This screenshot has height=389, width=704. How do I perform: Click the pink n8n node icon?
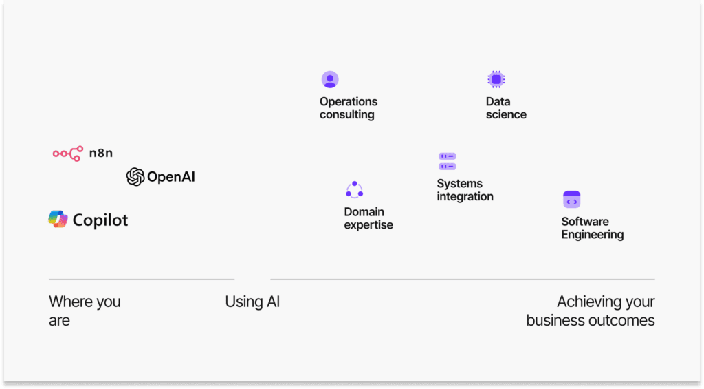click(x=68, y=154)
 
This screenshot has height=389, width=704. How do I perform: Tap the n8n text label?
click(x=101, y=154)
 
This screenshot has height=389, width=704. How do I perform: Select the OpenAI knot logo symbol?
click(x=135, y=177)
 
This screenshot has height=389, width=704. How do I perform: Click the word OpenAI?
click(x=171, y=177)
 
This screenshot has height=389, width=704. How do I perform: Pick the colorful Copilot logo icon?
click(x=58, y=219)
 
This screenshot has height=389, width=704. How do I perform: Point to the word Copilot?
click(x=100, y=220)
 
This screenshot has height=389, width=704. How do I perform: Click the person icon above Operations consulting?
click(x=330, y=80)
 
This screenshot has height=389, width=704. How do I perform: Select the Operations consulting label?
click(x=349, y=108)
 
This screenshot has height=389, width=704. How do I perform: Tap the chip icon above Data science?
click(x=496, y=80)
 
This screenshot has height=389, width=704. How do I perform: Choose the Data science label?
click(x=506, y=108)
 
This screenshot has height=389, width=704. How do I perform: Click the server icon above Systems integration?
click(x=447, y=161)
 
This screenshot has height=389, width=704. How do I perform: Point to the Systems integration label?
click(x=465, y=190)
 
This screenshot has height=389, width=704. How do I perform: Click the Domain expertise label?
click(x=368, y=218)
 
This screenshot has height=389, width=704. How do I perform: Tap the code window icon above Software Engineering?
click(x=571, y=199)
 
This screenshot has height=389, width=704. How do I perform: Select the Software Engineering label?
click(x=592, y=228)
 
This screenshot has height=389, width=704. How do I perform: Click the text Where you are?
click(x=85, y=311)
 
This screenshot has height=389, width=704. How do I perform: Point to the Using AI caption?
click(x=252, y=302)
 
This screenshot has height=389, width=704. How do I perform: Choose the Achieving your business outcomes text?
click(x=591, y=311)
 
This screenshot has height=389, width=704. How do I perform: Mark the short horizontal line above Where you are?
click(x=142, y=280)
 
